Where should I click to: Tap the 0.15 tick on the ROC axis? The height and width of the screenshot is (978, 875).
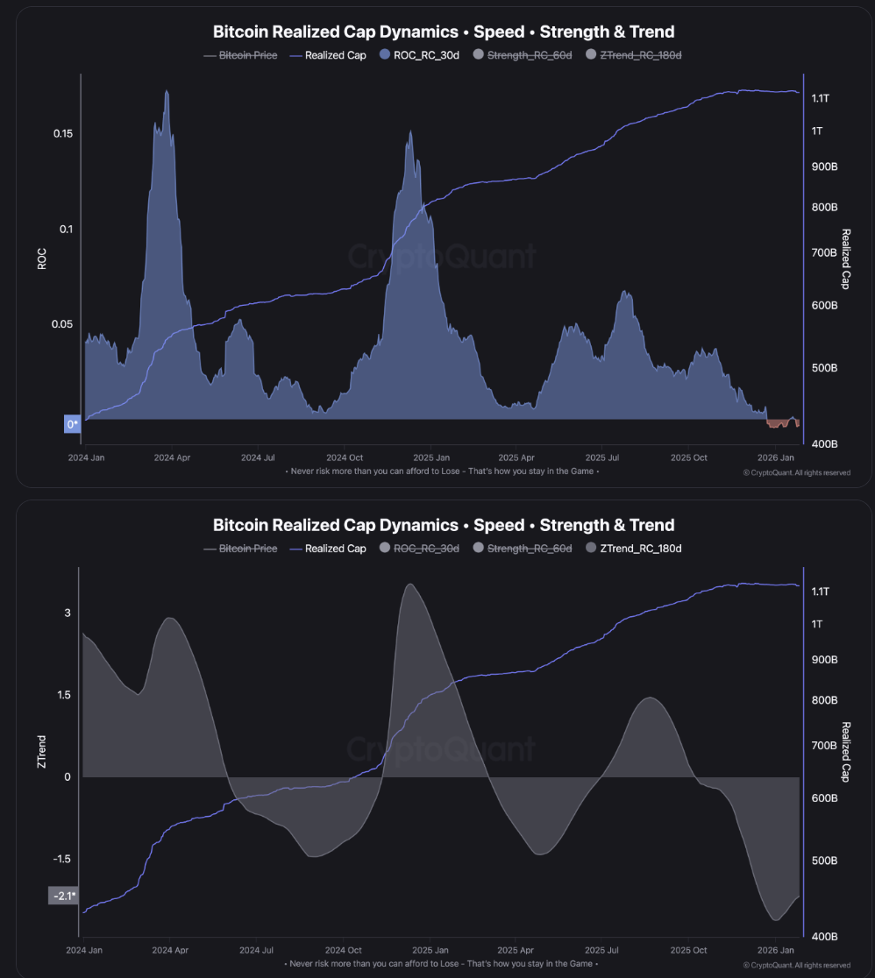(62, 133)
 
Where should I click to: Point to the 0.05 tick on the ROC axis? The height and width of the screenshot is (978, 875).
(62, 324)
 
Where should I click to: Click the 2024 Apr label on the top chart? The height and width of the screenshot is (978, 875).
(171, 457)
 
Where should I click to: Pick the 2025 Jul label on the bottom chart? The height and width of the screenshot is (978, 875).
(601, 950)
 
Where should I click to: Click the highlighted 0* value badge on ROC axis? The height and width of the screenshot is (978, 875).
(72, 424)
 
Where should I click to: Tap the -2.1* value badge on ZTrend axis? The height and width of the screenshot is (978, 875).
(62, 896)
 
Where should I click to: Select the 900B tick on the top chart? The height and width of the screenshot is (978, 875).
(825, 167)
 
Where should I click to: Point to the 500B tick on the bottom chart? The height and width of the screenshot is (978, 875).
(825, 861)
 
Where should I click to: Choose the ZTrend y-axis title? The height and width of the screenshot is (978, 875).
(41, 753)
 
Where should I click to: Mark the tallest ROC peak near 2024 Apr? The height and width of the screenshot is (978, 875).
(167, 91)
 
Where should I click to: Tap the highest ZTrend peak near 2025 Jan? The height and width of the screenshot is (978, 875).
(409, 585)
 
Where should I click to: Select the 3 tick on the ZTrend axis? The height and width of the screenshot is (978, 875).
(67, 613)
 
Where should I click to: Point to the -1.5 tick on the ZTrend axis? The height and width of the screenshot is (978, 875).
(61, 860)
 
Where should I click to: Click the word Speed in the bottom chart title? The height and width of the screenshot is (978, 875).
(496, 525)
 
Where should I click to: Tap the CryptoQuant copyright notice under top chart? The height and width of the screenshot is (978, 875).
(796, 472)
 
